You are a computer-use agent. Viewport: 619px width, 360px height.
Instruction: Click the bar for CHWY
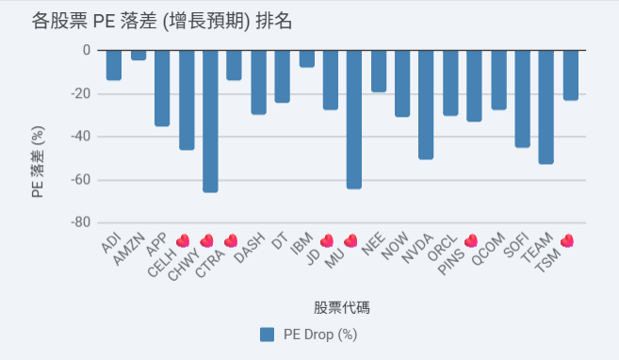[210, 122]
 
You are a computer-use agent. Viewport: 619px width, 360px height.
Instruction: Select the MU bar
[354, 120]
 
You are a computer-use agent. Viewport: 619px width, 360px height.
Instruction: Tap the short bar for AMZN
[138, 56]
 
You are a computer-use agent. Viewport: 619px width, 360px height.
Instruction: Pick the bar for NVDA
[426, 105]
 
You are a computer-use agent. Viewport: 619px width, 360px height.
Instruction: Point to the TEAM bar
[546, 107]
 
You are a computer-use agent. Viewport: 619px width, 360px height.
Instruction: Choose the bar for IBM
[307, 58]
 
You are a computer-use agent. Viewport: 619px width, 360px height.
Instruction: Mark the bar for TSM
[570, 75]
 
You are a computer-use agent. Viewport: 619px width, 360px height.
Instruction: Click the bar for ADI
[114, 66]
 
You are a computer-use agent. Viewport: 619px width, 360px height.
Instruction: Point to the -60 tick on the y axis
[80, 180]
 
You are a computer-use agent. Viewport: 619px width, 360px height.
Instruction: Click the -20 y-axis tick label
[80, 93]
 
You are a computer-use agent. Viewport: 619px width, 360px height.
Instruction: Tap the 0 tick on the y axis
[87, 50]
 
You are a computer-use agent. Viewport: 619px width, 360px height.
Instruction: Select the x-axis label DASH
[249, 248]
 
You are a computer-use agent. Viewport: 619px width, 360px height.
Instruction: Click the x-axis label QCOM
[488, 249]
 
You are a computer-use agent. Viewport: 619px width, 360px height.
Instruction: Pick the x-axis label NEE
[373, 244]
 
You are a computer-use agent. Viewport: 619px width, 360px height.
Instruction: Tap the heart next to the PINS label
[471, 240]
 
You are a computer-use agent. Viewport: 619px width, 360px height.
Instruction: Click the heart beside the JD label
[327, 240]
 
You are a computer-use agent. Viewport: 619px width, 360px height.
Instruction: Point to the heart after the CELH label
[183, 240]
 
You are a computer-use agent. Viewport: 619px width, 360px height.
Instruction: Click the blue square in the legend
[268, 335]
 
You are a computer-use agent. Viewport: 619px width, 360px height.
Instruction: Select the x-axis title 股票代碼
[342, 308]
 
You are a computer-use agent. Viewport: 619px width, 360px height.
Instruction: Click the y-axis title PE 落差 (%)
[38, 162]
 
